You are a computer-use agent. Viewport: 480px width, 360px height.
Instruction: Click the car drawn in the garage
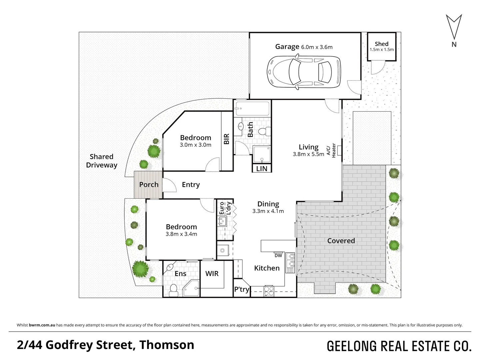pyautogui.click(x=304, y=72)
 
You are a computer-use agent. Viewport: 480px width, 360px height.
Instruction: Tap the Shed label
pyautogui.click(x=381, y=44)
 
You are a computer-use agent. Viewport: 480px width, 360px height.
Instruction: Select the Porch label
pyautogui.click(x=149, y=185)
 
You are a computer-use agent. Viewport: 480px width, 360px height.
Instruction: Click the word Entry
pyautogui.click(x=191, y=185)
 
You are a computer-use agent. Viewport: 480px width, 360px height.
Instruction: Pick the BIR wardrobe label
pyautogui.click(x=227, y=139)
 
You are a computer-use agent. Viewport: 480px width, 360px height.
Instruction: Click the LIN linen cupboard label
pyautogui.click(x=262, y=169)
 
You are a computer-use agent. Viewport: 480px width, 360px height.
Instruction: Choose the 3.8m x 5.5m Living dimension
pyautogui.click(x=308, y=154)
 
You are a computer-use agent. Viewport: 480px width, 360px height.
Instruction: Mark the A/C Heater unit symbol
pyautogui.click(x=339, y=151)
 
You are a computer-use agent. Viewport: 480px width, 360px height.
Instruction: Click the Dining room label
pyautogui.click(x=268, y=204)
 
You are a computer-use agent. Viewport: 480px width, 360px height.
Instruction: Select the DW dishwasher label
pyautogui.click(x=278, y=256)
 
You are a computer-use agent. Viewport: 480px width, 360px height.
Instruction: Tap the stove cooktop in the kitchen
pyautogui.click(x=269, y=291)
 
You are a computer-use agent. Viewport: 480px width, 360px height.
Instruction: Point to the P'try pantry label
pyautogui.click(x=241, y=289)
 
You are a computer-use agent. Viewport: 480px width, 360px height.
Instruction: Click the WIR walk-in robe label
pyautogui.click(x=212, y=274)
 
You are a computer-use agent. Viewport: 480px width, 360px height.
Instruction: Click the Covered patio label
pyautogui.click(x=341, y=241)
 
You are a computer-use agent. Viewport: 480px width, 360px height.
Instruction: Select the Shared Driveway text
pyautogui.click(x=102, y=161)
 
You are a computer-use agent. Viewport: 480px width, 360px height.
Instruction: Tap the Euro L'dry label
pyautogui.click(x=225, y=208)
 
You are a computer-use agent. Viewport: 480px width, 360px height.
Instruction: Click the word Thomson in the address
pyautogui.click(x=167, y=345)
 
